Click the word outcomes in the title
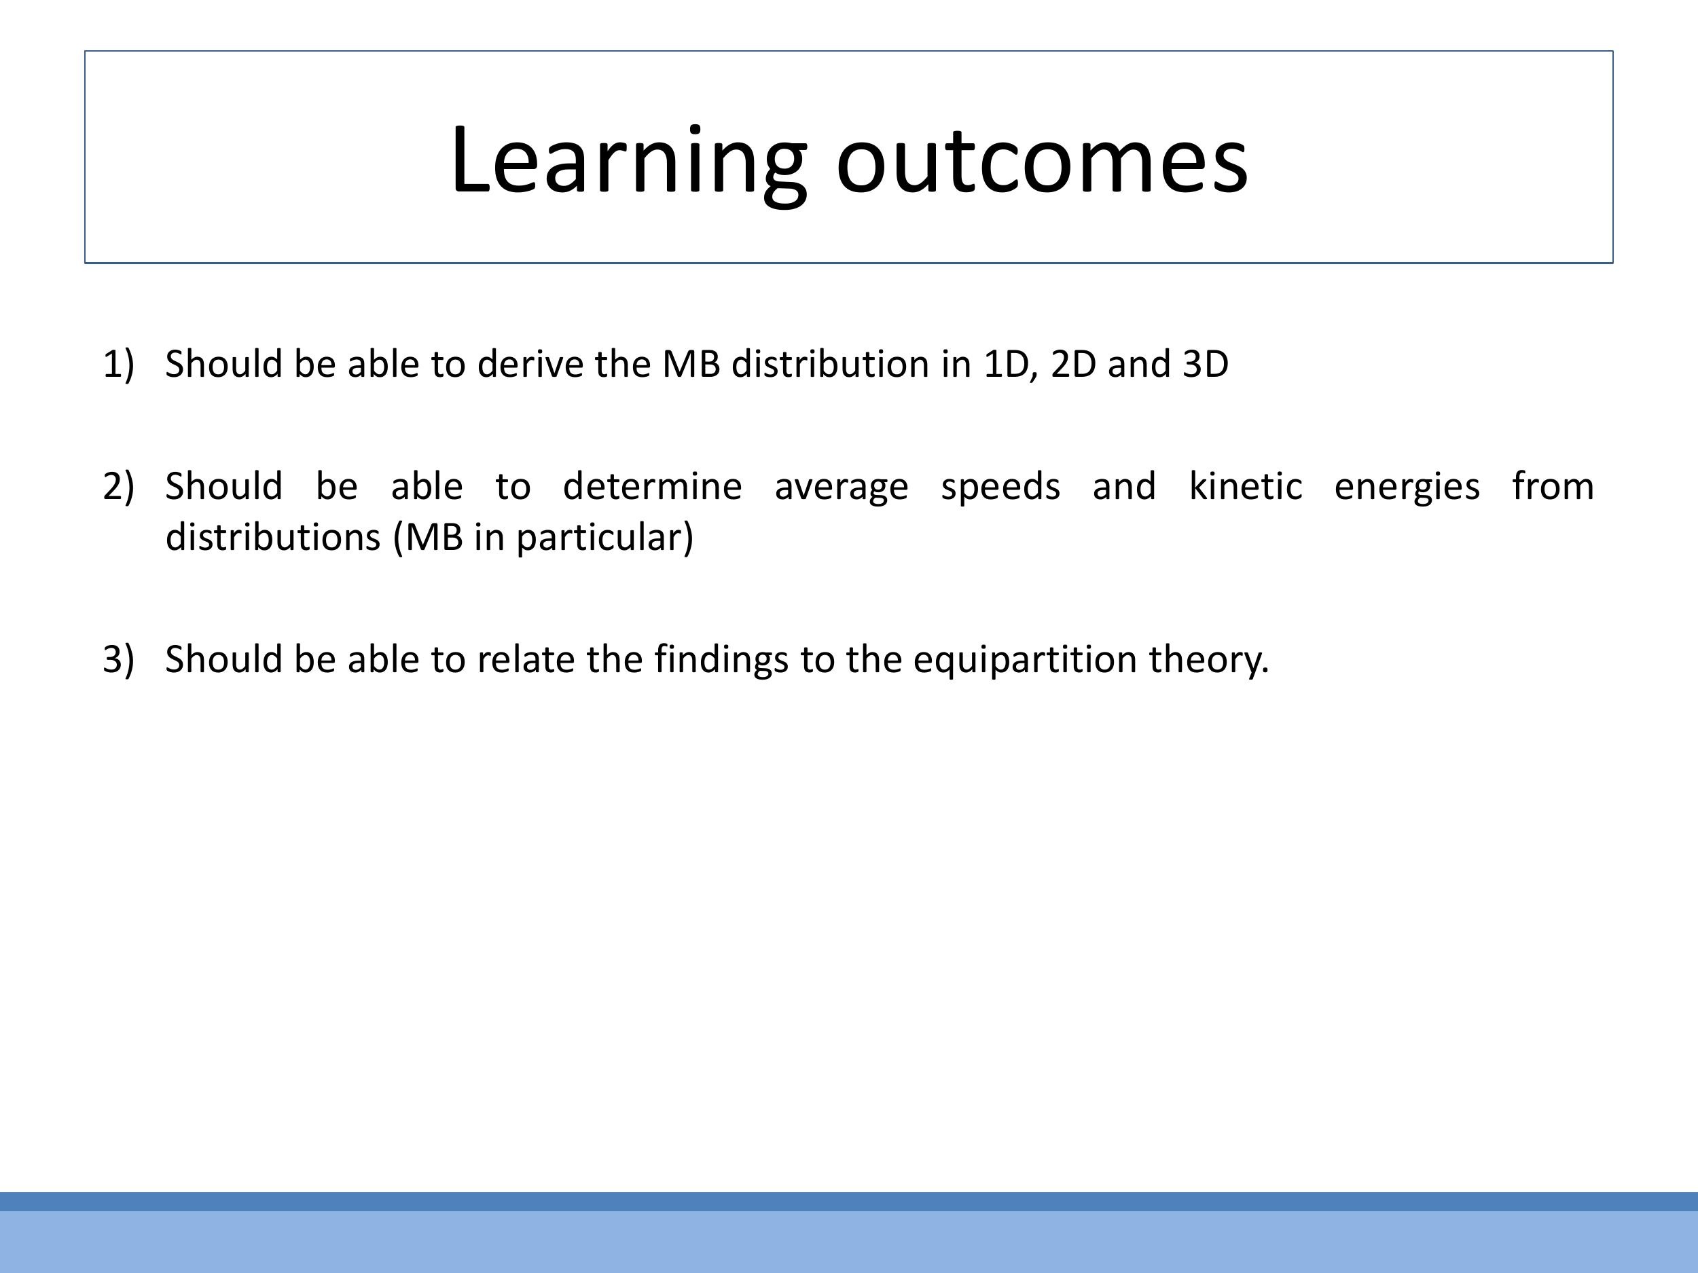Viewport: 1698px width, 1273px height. pyautogui.click(x=1042, y=161)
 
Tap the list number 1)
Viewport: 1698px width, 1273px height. pyautogui.click(x=118, y=364)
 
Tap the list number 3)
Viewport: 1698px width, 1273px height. pyautogui.click(x=118, y=659)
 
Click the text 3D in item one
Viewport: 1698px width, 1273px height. pyautogui.click(x=1205, y=364)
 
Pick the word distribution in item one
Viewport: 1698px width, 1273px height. pyautogui.click(x=830, y=364)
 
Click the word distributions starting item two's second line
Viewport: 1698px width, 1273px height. pyautogui.click(x=273, y=537)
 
